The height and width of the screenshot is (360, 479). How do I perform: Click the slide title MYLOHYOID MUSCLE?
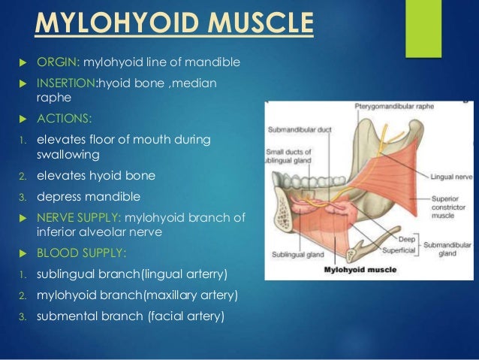click(x=173, y=23)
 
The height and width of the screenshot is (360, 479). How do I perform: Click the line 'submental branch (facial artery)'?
click(x=130, y=316)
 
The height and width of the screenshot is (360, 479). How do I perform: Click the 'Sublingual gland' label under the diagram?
click(x=294, y=256)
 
